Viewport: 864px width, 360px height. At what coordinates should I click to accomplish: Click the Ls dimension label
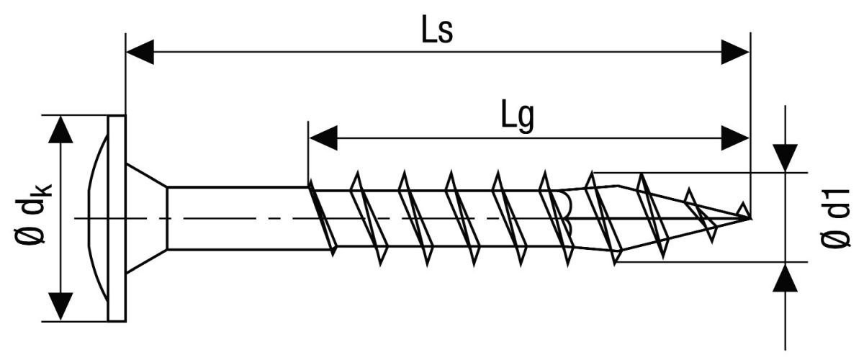pyautogui.click(x=437, y=29)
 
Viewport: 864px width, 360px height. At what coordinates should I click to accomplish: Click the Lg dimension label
pyautogui.click(x=518, y=116)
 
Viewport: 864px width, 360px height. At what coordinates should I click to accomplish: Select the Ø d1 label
pyautogui.click(x=836, y=218)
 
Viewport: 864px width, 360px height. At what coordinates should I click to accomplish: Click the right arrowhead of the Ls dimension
pyautogui.click(x=735, y=52)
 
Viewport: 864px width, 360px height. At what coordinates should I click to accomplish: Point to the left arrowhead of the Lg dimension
pyautogui.click(x=323, y=138)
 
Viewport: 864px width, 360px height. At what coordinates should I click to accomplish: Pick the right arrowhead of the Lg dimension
pyautogui.click(x=735, y=138)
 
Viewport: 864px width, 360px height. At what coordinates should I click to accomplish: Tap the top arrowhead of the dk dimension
pyautogui.click(x=60, y=130)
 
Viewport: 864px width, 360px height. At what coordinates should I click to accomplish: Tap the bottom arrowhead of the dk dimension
pyautogui.click(x=60, y=307)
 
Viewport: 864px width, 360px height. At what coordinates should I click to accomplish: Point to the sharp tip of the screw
pyautogui.click(x=750, y=218)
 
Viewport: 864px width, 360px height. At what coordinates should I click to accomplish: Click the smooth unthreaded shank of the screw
pyautogui.click(x=238, y=218)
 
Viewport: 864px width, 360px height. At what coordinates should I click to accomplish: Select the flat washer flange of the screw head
pyautogui.click(x=117, y=218)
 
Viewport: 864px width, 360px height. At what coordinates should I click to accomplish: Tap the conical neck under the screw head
pyautogui.click(x=147, y=218)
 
